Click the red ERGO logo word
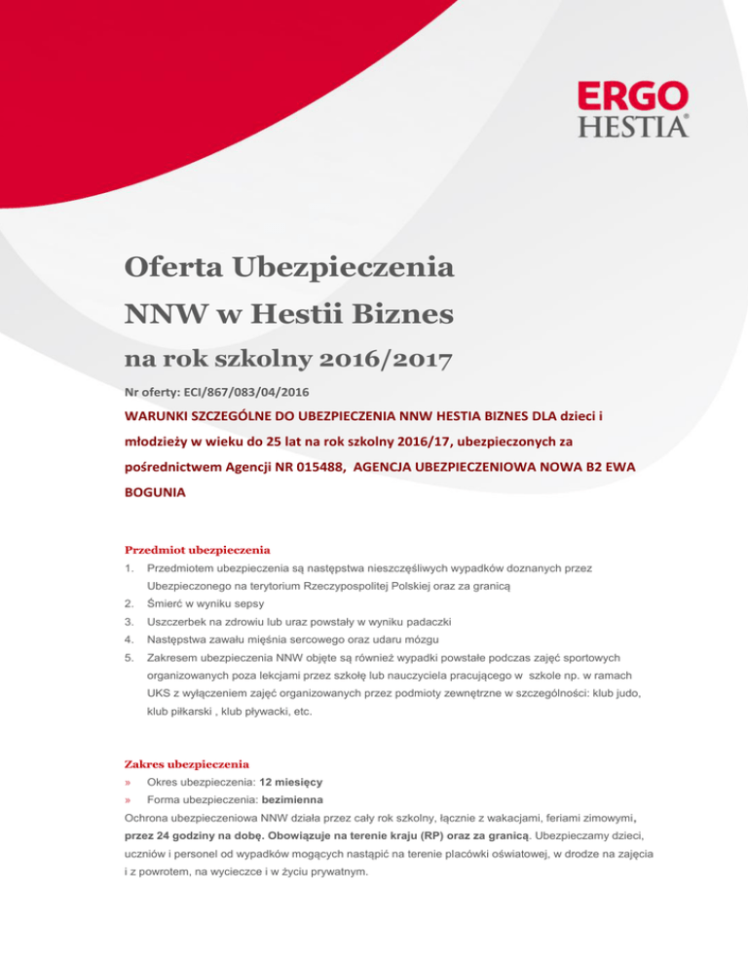click(633, 98)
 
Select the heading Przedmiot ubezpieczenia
click(198, 549)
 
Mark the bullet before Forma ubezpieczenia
click(130, 802)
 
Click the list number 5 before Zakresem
click(130, 661)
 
